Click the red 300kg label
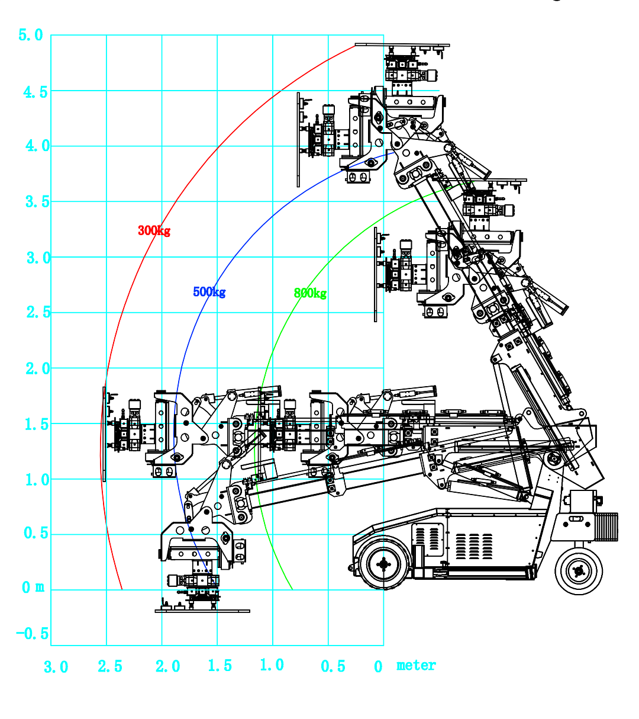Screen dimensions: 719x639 coord(154,230)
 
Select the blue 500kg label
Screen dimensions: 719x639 coord(209,292)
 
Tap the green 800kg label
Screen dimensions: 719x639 coord(310,293)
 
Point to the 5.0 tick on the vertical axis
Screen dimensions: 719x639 coord(31,35)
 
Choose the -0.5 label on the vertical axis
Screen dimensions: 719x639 coord(33,634)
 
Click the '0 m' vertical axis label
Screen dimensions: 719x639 coord(33,588)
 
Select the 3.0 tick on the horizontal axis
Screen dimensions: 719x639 coord(56,667)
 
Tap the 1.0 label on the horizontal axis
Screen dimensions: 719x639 coord(272,665)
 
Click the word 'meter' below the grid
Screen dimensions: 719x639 coord(416,665)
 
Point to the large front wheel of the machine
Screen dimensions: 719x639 coord(383,564)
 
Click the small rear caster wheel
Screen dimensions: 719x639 coord(578,571)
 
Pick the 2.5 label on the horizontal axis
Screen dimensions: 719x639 coord(110,667)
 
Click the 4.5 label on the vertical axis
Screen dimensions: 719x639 coord(35,92)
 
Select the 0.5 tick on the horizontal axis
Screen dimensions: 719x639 coord(333,667)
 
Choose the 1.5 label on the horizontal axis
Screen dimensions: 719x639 coord(220,666)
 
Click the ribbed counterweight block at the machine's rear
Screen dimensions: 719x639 coord(606,527)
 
